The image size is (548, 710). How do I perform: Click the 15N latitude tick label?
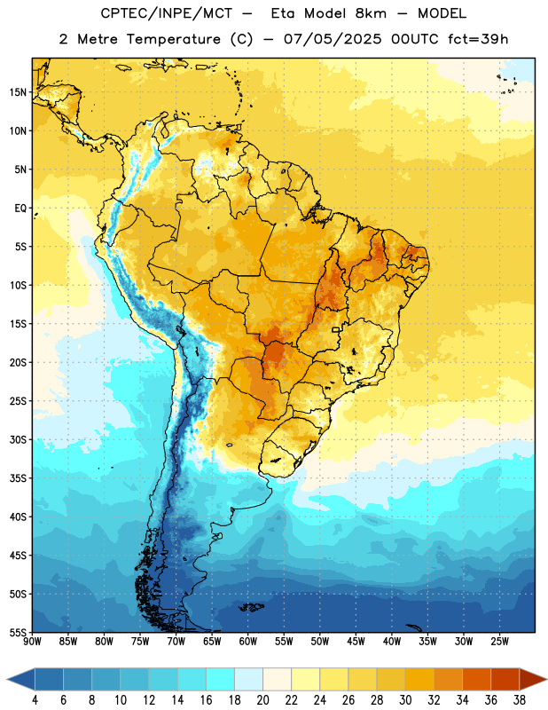coord(18,92)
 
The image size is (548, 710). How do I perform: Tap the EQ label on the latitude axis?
coord(20,209)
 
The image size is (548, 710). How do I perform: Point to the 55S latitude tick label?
coord(18,632)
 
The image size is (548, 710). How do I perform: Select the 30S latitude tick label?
coord(18,439)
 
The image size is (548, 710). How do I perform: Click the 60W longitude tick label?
coord(248,641)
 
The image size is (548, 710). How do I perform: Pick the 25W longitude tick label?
coord(499,641)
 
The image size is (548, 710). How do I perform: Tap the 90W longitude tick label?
coord(32,641)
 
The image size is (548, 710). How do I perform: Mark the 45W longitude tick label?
coord(356,641)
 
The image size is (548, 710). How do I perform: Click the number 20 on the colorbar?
coord(262,700)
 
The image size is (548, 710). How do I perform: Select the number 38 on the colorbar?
coord(520,700)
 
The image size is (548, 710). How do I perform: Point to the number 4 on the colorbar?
coord(35,700)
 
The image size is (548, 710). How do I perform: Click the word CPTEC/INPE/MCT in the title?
coord(167,13)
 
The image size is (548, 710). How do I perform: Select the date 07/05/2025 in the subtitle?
coord(333,39)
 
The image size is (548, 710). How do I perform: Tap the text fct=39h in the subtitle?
coord(478,39)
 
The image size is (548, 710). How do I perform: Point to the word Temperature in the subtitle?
coord(173,39)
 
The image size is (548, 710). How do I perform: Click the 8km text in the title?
coord(371,13)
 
